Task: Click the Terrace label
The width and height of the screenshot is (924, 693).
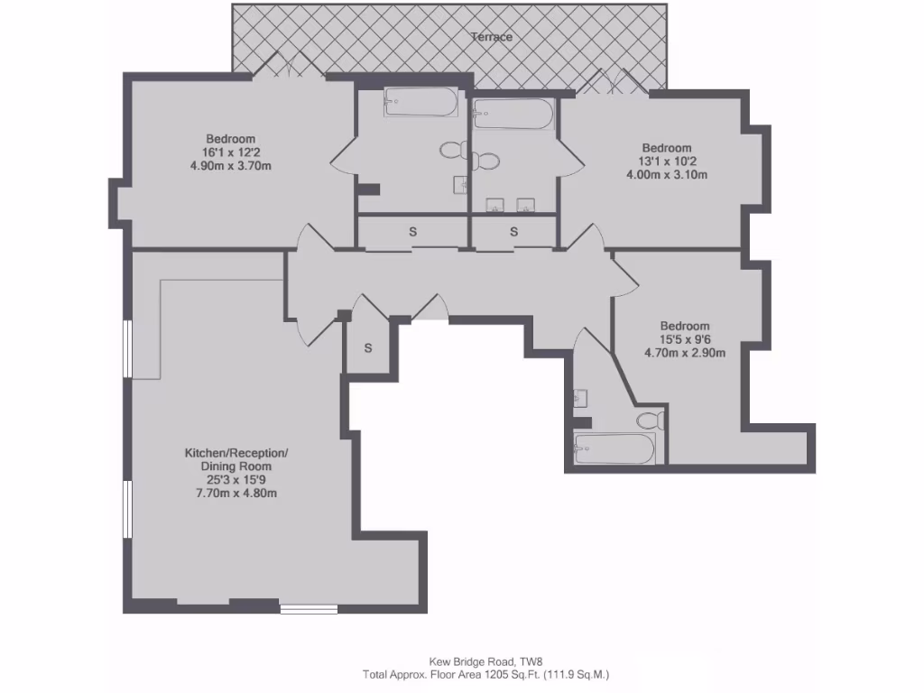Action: [492, 37]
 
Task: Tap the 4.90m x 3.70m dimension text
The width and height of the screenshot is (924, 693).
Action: [231, 165]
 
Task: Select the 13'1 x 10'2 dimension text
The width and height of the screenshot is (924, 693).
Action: [667, 162]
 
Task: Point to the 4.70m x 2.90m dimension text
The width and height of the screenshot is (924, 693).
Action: [684, 353]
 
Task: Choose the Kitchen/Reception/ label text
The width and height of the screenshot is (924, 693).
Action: [236, 452]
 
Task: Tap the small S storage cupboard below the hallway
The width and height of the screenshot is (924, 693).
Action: [368, 348]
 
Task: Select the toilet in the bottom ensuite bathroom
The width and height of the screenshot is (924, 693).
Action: [649, 420]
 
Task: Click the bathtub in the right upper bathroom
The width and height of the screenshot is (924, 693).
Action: [512, 113]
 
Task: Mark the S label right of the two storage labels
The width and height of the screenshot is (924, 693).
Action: [513, 232]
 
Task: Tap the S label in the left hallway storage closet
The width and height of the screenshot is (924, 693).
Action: [413, 232]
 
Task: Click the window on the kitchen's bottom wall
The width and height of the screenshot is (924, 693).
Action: [309, 609]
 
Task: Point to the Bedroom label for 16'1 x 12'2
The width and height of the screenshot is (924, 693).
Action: [229, 138]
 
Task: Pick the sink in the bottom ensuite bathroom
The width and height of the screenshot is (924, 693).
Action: [579, 397]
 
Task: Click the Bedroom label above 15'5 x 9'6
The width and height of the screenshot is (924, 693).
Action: [684, 326]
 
